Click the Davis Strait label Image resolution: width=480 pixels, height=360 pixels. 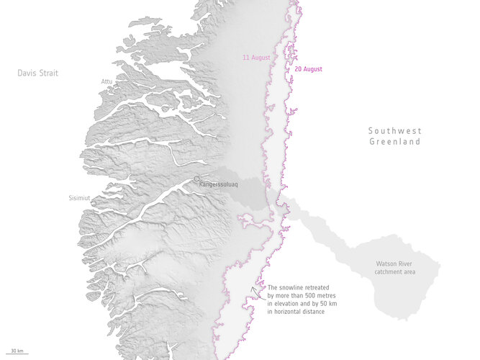click(37, 73)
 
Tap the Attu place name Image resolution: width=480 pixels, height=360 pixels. click(106, 81)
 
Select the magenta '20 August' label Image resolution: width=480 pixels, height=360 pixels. click(309, 69)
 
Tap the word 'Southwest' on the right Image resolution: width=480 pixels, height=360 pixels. click(395, 130)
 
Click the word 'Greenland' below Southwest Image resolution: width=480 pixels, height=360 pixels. click(395, 142)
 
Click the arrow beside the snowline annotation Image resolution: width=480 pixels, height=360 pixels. click(253, 290)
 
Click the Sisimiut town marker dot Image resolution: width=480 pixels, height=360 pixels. click(92, 202)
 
